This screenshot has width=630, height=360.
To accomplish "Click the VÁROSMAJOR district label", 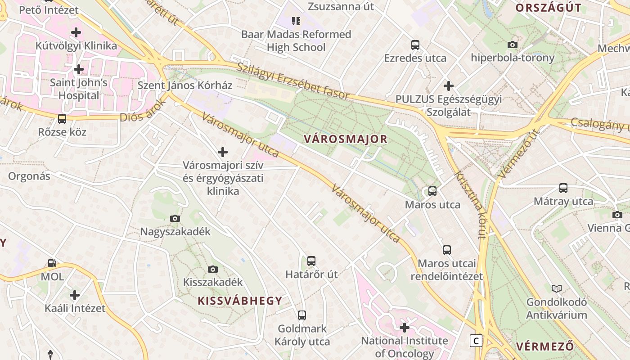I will tap(345, 139).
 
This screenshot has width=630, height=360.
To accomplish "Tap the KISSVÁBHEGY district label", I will tap(240, 301).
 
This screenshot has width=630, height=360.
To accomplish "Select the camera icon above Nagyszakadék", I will tap(175, 219).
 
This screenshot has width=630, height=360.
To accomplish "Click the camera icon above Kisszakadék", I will tap(213, 270).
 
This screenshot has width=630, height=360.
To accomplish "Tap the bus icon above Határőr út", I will tap(311, 261).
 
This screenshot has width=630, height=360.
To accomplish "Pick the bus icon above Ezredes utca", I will tap(415, 45).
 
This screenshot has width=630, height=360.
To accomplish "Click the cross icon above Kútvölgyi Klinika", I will tap(76, 32).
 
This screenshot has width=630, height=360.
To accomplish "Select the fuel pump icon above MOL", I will tap(52, 263).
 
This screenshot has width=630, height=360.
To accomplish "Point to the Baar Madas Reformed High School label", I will tap(296, 40).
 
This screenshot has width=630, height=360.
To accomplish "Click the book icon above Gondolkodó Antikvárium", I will tap(557, 288).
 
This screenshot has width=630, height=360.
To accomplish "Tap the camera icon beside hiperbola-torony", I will tap(512, 45).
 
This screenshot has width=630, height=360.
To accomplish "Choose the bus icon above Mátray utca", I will tap(563, 188).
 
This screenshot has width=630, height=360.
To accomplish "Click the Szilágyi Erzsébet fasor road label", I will tap(293, 80).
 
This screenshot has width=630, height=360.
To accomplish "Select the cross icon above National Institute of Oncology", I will tap(405, 327).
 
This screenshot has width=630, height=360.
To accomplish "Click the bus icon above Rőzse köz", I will tap(62, 119).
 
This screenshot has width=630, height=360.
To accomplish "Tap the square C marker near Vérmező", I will tap(476, 341).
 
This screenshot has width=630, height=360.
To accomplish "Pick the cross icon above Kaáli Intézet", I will tap(75, 295).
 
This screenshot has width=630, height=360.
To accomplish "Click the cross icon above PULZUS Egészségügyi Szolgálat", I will tap(448, 85).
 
